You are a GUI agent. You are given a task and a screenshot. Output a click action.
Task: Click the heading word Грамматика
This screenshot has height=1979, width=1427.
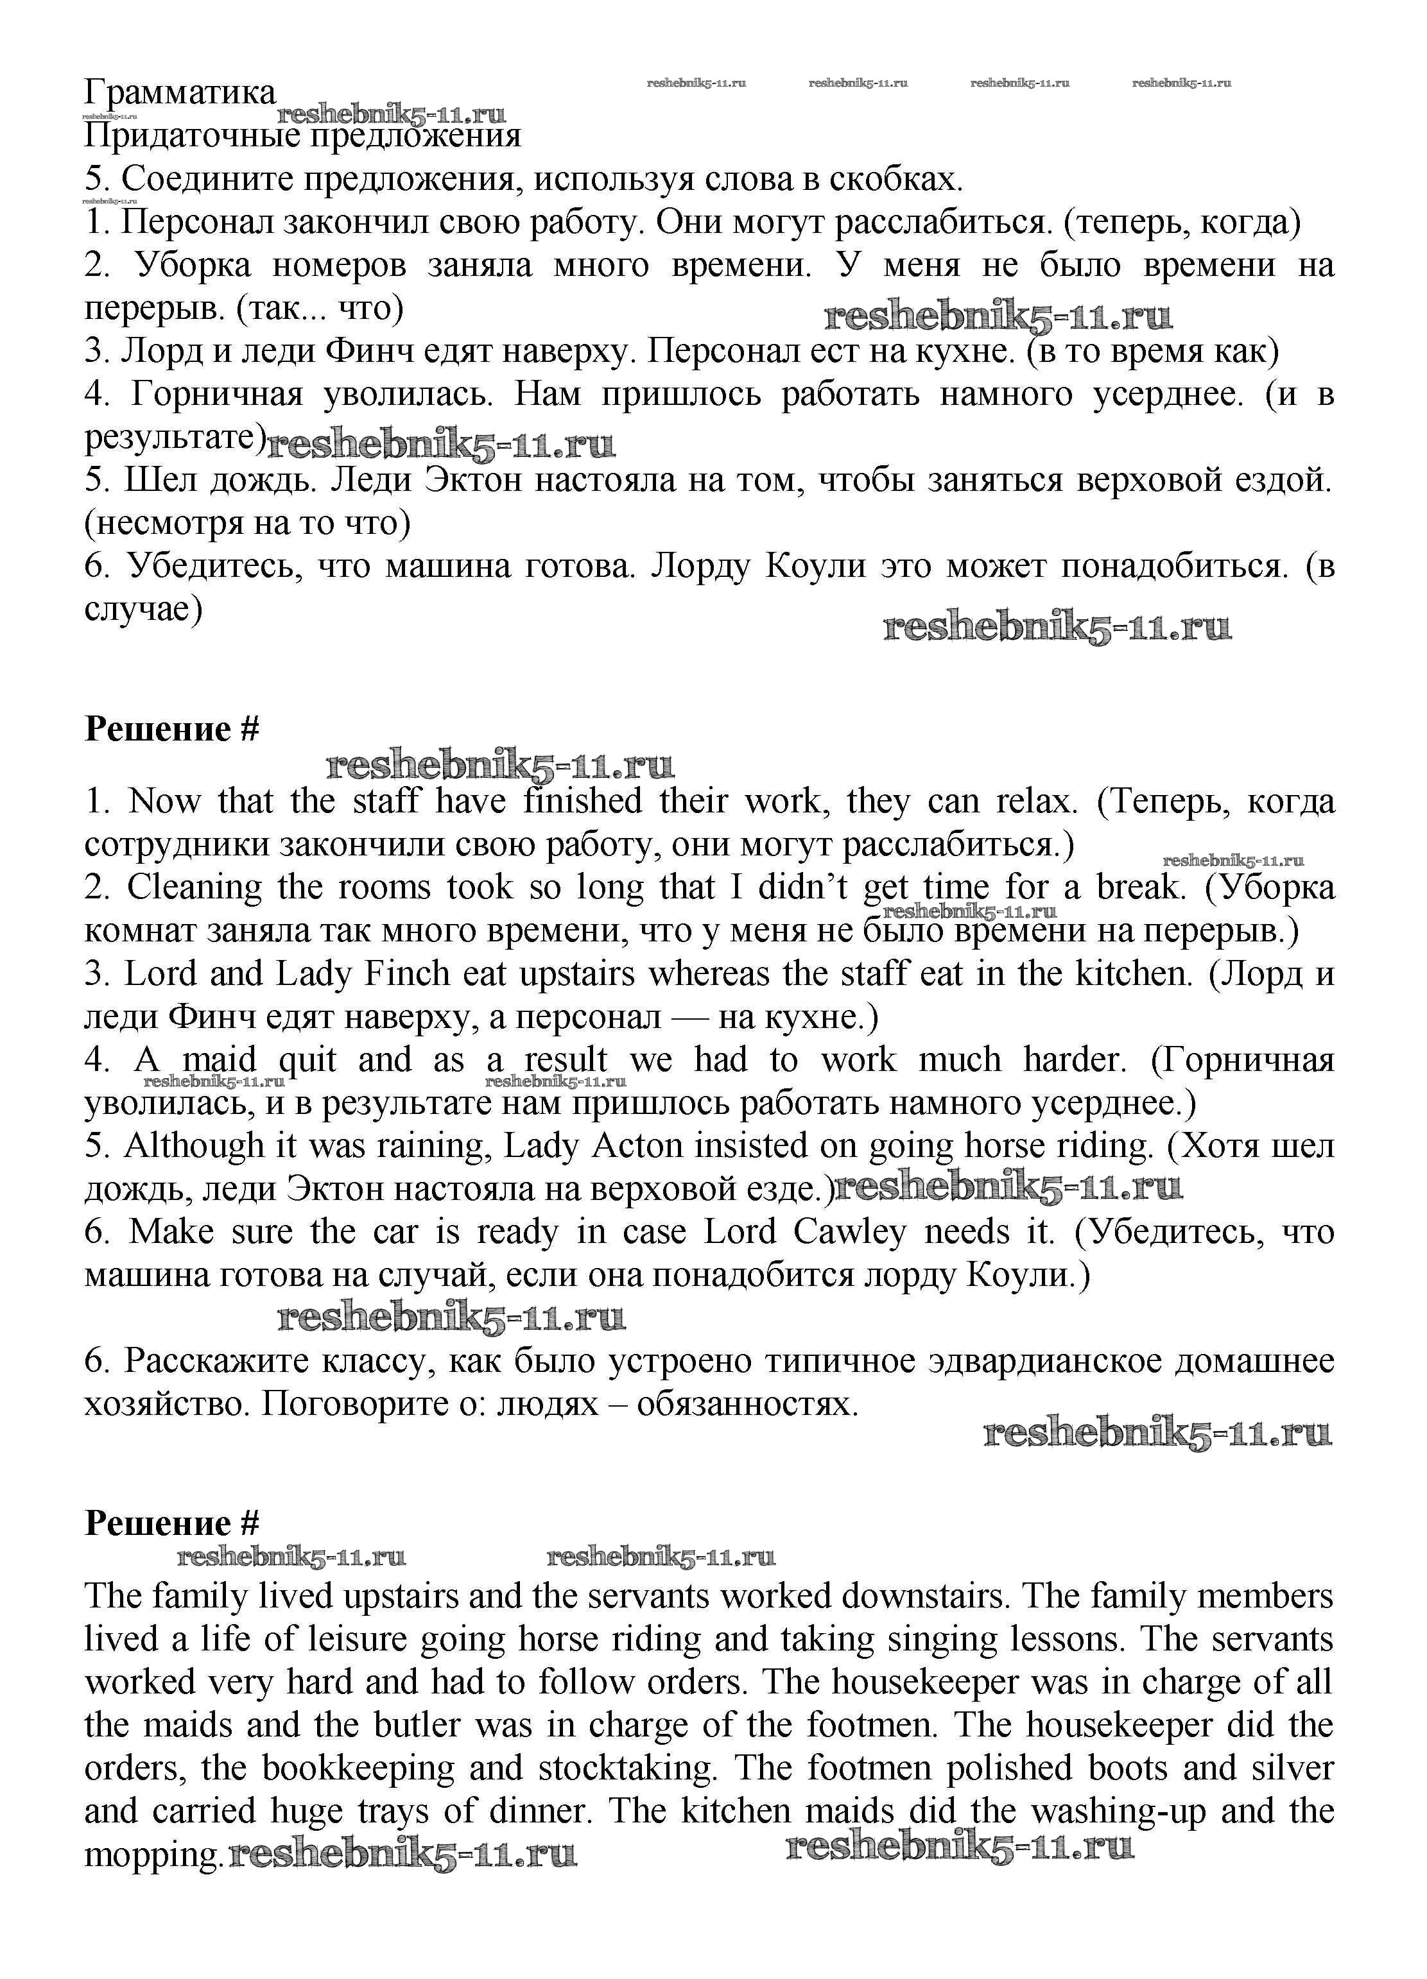coord(180,92)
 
